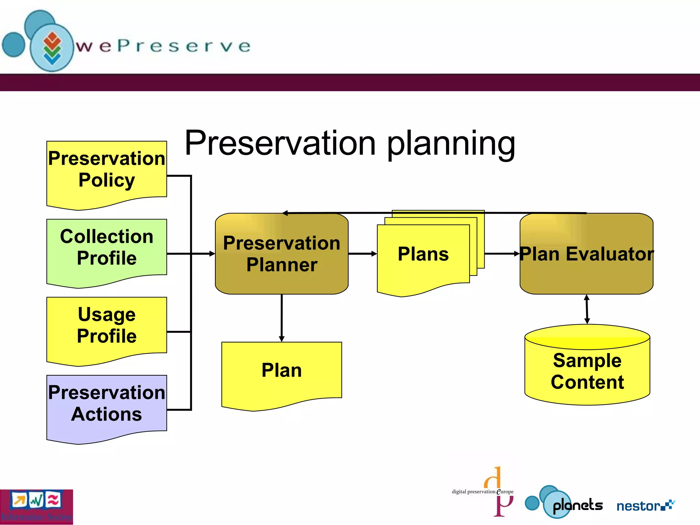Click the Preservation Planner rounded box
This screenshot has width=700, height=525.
282,254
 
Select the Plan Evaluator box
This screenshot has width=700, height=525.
587,254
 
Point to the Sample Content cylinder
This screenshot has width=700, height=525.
587,371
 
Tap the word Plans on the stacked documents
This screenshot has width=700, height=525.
423,254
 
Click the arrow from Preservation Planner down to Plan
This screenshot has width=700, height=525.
282,318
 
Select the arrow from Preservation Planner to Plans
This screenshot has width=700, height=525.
362,254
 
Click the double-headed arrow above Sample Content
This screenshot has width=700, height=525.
587,309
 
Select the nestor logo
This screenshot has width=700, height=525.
644,506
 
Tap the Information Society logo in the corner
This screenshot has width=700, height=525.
36,507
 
